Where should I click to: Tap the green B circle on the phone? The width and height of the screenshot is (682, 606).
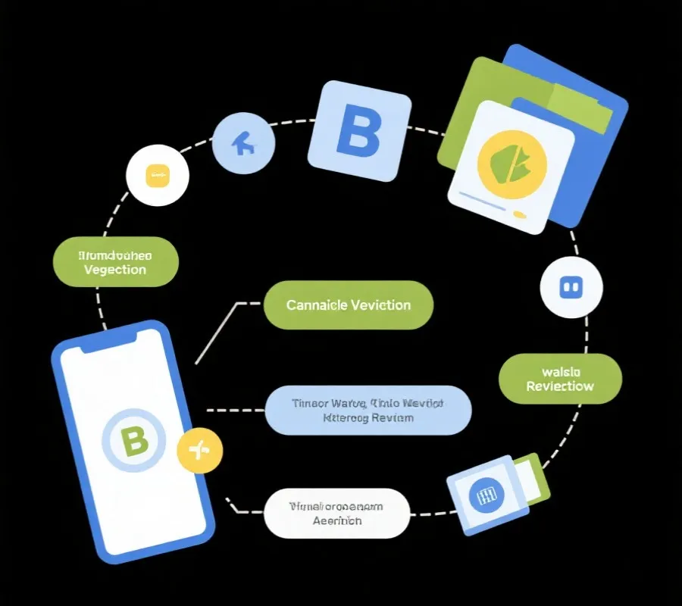coord(134,442)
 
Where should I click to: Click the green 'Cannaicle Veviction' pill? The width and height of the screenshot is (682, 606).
coord(348,305)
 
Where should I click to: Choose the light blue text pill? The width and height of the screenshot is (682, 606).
coord(368,410)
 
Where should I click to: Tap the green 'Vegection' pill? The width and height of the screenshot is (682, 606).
coord(116,262)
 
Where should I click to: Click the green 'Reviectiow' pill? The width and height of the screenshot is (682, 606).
coord(560,378)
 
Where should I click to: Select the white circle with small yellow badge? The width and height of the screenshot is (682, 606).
coord(157,176)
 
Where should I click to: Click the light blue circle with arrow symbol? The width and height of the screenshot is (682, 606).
coord(242,143)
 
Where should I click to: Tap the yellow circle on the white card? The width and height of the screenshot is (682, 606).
coord(511,161)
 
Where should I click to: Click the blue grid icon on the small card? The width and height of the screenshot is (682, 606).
coord(483,496)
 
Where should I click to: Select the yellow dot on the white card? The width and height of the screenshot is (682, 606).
coord(520,214)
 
